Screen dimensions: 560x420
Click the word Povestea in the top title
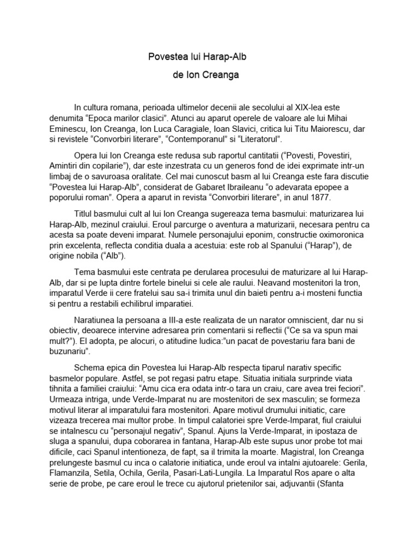167,57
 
